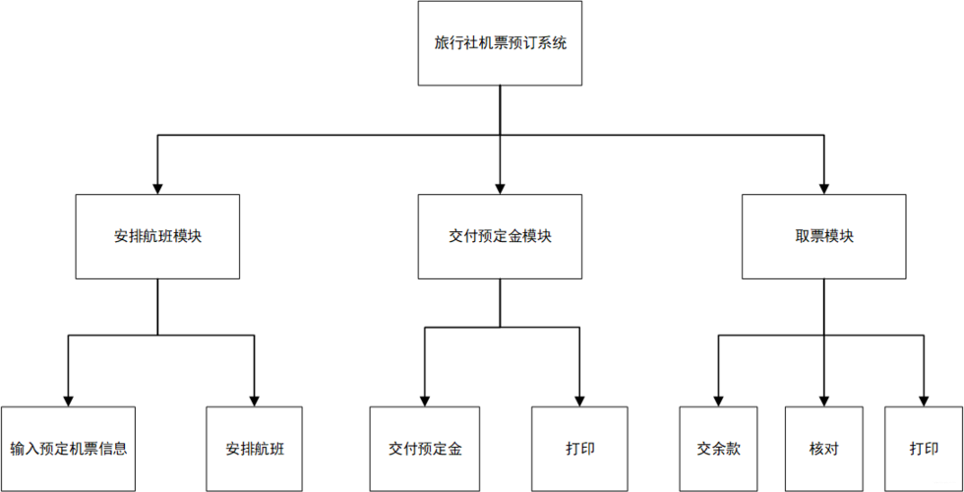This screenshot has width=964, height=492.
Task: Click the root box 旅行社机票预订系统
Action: (500, 43)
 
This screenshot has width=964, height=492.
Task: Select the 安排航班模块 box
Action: (157, 236)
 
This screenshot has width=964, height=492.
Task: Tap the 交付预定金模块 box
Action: (500, 236)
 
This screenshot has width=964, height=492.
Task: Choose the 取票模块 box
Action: (824, 236)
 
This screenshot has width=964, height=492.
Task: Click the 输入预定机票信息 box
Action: (68, 449)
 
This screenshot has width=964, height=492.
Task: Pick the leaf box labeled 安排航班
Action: (255, 449)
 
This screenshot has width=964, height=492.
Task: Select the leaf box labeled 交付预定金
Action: (425, 449)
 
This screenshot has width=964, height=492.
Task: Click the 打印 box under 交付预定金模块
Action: (579, 449)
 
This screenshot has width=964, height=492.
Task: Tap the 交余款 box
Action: (718, 449)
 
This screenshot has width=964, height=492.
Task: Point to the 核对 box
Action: (824, 449)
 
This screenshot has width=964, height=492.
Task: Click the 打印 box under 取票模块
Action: (924, 449)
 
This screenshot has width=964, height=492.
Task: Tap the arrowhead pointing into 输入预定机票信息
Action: (68, 400)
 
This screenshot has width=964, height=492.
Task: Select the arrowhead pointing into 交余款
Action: (718, 400)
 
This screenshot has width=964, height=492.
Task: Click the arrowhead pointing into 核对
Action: (824, 400)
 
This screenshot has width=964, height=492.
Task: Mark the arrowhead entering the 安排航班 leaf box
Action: (255, 400)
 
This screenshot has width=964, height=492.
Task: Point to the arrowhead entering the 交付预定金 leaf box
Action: (425, 400)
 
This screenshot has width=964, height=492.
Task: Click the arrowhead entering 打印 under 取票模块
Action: (924, 400)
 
